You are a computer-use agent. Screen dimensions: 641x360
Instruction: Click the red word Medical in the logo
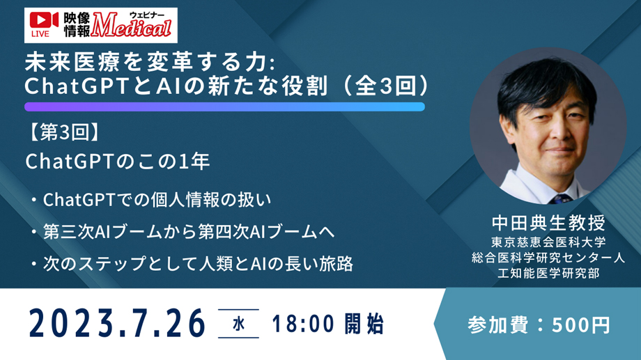(x=131, y=26)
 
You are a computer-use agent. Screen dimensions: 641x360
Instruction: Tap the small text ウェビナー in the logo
(x=147, y=15)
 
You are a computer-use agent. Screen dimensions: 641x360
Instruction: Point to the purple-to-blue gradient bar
(x=224, y=107)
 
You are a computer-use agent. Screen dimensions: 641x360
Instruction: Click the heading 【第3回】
(x=63, y=133)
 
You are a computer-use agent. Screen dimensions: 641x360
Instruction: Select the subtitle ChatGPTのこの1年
(x=118, y=162)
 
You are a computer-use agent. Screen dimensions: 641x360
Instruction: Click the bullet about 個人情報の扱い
(x=151, y=200)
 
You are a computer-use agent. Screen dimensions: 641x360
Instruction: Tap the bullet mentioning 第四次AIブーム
(x=183, y=232)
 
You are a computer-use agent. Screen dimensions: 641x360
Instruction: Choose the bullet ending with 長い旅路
(x=192, y=264)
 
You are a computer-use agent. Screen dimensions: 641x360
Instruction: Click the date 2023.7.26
(x=117, y=324)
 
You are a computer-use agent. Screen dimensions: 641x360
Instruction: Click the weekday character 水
(x=239, y=324)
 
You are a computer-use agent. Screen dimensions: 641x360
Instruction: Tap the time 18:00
(x=303, y=324)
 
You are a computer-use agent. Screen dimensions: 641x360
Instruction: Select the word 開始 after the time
(x=364, y=324)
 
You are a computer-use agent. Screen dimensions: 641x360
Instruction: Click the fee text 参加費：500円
(x=539, y=325)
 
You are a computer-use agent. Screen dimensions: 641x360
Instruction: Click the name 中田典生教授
(x=548, y=223)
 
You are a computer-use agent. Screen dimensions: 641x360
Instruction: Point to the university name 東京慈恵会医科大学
(x=548, y=242)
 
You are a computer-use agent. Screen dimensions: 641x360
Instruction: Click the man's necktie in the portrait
(x=560, y=199)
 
